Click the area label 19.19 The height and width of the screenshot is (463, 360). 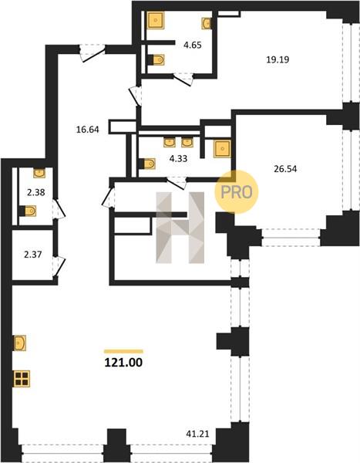click(278, 59)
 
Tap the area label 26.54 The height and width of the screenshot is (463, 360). click(285, 169)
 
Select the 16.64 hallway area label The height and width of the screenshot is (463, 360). click(87, 130)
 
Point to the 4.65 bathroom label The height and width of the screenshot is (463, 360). click(193, 45)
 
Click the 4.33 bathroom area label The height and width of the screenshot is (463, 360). click(178, 158)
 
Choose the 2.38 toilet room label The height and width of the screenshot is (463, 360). click(36, 192)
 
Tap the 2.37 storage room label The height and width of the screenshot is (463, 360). click(32, 254)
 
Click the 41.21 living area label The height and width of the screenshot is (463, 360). click(197, 434)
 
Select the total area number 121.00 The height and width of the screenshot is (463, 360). click(123, 363)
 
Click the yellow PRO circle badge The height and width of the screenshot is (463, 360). click(237, 192)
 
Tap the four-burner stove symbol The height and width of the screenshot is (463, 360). click(22, 379)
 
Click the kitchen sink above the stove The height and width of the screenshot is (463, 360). click(20, 343)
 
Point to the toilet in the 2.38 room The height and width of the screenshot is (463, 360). click(29, 211)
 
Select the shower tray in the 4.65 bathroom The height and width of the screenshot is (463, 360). click(156, 20)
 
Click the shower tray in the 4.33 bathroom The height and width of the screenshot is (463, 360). click(222, 148)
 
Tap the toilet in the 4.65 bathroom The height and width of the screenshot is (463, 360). click(156, 60)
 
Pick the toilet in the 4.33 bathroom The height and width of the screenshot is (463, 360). click(147, 164)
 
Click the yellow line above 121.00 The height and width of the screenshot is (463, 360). click(123, 351)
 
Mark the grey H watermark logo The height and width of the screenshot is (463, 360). click(180, 228)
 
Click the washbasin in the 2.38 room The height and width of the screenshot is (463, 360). click(39, 174)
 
